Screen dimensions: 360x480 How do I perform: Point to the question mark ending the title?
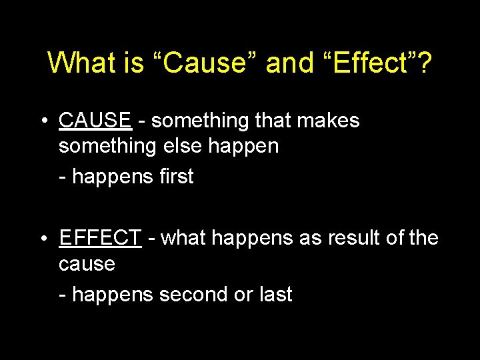pos(425,63)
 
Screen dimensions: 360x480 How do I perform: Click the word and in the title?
pos(289,63)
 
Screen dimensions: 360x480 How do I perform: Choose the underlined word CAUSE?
pos(95,121)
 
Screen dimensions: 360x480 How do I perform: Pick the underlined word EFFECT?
pos(100,237)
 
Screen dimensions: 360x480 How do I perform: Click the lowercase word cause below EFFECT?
pos(87,265)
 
